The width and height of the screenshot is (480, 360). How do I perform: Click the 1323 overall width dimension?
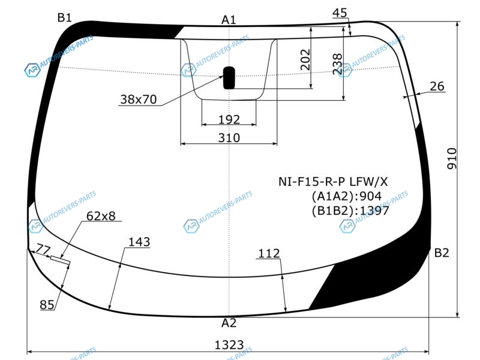(x=229, y=344)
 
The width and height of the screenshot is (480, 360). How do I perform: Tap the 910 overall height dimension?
(x=452, y=158)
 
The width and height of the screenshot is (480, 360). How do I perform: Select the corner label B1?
(x=64, y=18)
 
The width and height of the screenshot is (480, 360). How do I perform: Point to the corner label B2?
(x=442, y=253)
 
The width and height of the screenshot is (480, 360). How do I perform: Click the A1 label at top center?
(x=229, y=20)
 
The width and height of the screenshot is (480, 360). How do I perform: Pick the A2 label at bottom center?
(x=229, y=323)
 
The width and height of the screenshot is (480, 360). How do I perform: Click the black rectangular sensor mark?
(x=229, y=78)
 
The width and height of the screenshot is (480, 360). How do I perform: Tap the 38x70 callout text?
(x=139, y=99)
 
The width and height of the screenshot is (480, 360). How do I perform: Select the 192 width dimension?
(x=229, y=119)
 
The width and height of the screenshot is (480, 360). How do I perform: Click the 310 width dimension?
(x=229, y=138)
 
